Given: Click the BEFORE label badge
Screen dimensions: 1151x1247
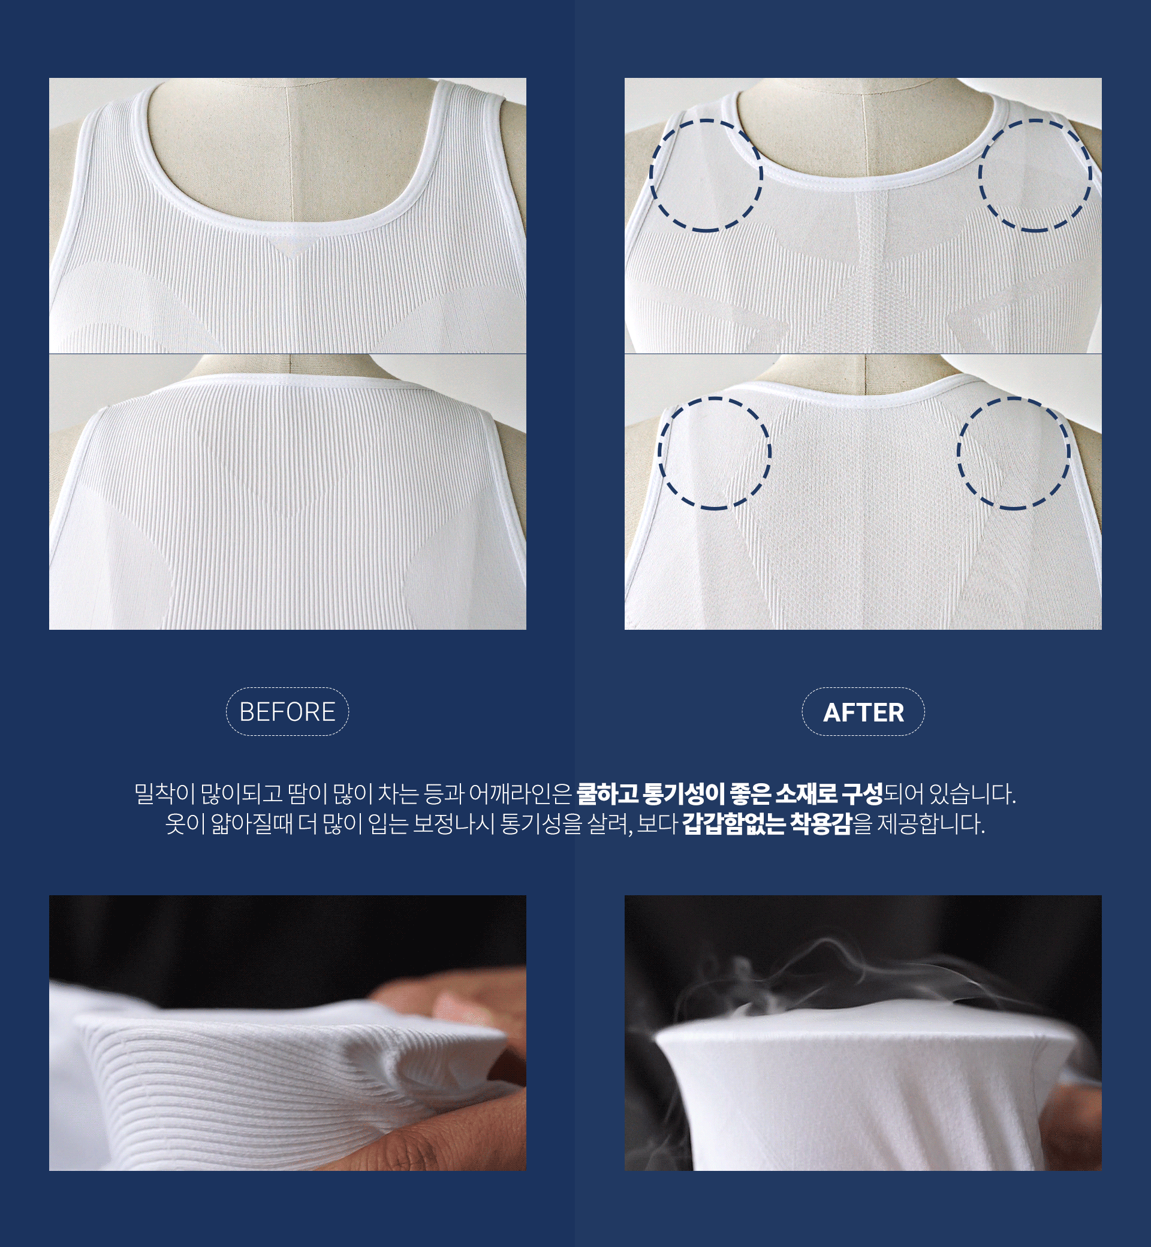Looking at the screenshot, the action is pyautogui.click(x=287, y=712).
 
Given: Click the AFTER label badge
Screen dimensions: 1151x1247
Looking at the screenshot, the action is pyautogui.click(x=863, y=712).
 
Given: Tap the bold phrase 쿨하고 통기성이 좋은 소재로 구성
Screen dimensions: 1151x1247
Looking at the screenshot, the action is pyautogui.click(x=730, y=793).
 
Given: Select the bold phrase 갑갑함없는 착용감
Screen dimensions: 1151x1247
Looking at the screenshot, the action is pyautogui.click(x=767, y=824).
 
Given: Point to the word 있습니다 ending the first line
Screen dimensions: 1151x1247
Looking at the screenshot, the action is pyautogui.click(x=972, y=793).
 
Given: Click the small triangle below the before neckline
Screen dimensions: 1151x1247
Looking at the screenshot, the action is pyautogui.click(x=287, y=245).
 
